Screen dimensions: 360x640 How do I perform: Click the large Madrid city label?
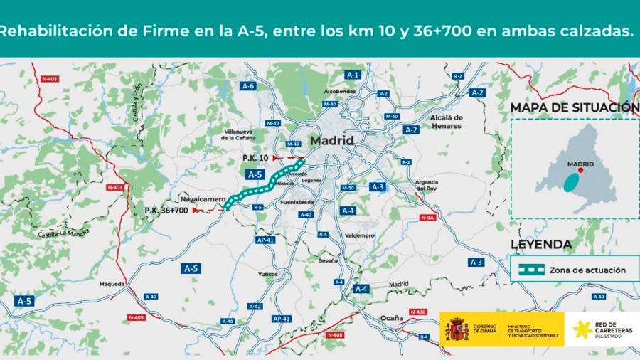pyautogui.click(x=331, y=141)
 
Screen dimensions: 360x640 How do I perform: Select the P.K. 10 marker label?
pyautogui.click(x=255, y=157)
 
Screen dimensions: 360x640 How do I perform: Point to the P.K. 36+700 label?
pyautogui.click(x=166, y=211)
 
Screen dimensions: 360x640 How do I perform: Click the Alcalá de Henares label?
pyautogui.click(x=447, y=122)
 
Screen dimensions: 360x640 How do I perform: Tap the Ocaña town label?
pyautogui.click(x=391, y=317)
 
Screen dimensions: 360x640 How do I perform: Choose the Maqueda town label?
pyautogui.click(x=112, y=284)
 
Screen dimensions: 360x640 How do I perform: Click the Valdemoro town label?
pyautogui.click(x=359, y=235)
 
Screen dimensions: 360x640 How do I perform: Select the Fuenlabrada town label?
pyautogui.click(x=299, y=202)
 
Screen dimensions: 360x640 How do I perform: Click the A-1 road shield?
pyautogui.click(x=353, y=75)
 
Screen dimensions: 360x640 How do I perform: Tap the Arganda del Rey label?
pyautogui.click(x=427, y=186)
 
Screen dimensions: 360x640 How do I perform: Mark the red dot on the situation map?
pyautogui.click(x=580, y=170)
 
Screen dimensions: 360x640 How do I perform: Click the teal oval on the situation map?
pyautogui.click(x=572, y=182)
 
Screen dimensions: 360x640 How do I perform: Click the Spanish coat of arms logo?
pyautogui.click(x=456, y=329)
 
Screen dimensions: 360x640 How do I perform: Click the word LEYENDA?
pyautogui.click(x=541, y=245)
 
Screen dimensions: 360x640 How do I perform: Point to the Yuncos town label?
pyautogui.click(x=268, y=273)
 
